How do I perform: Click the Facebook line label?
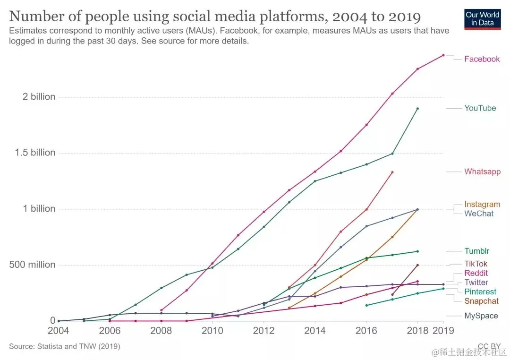point(482,59)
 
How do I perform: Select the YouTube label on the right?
point(480,108)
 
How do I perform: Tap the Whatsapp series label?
point(482,171)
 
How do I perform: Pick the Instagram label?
point(482,205)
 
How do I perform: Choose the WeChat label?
point(478,214)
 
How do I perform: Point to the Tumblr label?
point(476,251)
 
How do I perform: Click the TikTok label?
point(476,264)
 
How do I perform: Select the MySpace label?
point(481,316)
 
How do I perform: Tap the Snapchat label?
point(481,301)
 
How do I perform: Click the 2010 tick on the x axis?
point(212,331)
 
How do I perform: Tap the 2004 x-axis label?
point(59,331)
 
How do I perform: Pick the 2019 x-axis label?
point(443,331)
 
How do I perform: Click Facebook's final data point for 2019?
point(443,55)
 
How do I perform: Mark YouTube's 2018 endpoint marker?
point(417,109)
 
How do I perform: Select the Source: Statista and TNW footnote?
point(65,346)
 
